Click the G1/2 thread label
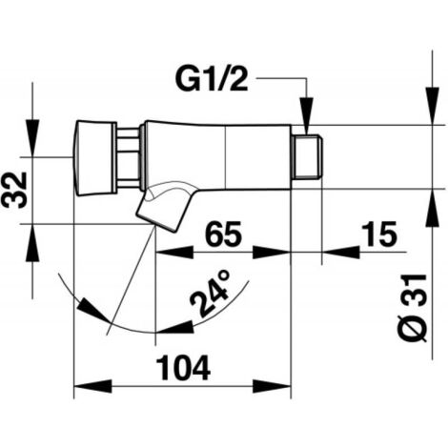pos(212,78)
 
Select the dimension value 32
pos(14,190)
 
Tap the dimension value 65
pos(223,234)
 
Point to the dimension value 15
pos(380,234)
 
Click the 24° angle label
pos(210,294)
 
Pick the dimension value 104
pos(184,368)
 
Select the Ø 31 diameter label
pos(413,308)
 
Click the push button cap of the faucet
pos(94,158)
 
